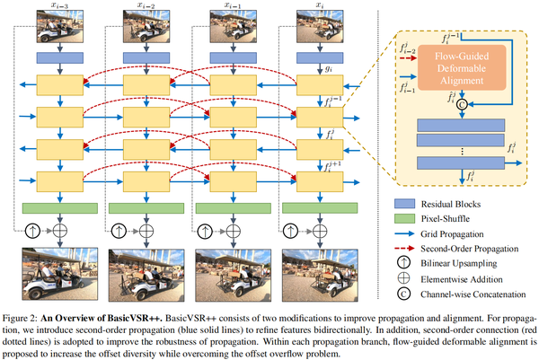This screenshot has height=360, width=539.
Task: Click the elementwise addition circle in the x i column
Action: [x=308, y=230]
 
